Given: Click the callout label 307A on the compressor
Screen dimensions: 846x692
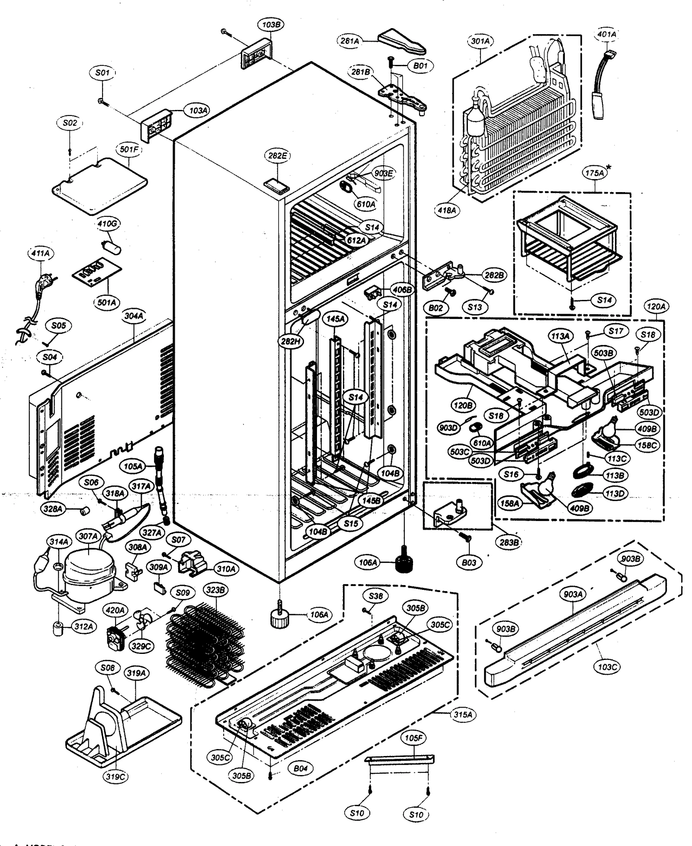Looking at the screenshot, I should coord(88,536).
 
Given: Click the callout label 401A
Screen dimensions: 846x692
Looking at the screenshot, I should coord(606,34).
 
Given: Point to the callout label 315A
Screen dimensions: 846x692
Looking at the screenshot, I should coord(462,714).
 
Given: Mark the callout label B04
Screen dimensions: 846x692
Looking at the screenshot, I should coord(300,781).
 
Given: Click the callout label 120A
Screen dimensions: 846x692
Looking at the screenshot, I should coord(656,307).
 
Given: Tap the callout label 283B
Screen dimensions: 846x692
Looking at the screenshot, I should coord(509,542).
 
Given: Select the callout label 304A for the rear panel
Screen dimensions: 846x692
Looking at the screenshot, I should coord(134,316).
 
